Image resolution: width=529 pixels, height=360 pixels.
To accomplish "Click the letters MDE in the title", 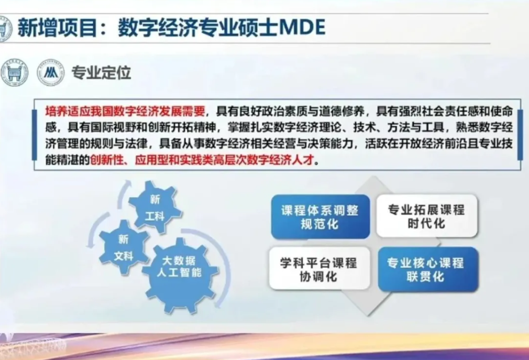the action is [303, 28].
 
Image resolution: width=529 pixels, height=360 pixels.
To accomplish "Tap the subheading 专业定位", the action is [101, 72].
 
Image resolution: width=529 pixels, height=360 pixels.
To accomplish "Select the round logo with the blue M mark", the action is [51, 72].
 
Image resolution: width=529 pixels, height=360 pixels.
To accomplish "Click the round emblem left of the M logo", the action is [14, 72].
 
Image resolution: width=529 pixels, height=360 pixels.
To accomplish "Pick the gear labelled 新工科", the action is [155, 207].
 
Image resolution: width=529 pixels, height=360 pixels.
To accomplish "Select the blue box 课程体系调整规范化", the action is [320, 216].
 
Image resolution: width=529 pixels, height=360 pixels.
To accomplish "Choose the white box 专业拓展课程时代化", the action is [427, 216].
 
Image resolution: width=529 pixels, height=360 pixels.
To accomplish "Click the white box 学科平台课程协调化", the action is [319, 269].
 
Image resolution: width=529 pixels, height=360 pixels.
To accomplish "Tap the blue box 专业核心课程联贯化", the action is [428, 269].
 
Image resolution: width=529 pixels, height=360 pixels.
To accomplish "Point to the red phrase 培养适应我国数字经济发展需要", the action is [125, 111].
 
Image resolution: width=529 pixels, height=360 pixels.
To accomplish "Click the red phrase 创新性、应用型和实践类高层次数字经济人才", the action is [202, 160].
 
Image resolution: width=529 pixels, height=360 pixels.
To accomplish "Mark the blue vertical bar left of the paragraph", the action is [35, 135].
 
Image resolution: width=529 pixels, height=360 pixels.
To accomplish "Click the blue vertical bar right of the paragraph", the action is [520, 135].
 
